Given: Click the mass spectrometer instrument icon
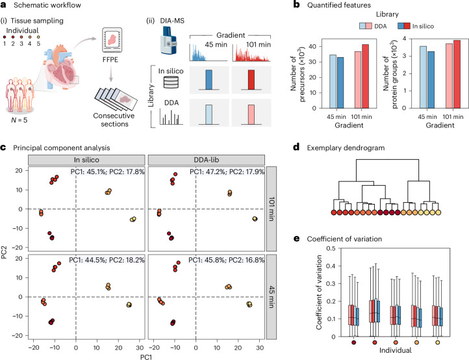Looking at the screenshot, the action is click(x=169, y=40).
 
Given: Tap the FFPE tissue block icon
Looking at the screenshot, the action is click(x=112, y=41).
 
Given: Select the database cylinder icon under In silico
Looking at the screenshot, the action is click(x=171, y=83).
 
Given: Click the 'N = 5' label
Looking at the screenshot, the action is click(x=19, y=120).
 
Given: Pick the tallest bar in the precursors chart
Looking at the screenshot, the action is click(x=365, y=76).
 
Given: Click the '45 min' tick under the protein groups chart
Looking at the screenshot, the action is click(x=427, y=117).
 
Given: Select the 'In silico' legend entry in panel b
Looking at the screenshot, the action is click(x=416, y=26).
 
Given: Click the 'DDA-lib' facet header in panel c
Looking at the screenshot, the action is click(x=207, y=160).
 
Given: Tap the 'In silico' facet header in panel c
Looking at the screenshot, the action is click(x=86, y=160).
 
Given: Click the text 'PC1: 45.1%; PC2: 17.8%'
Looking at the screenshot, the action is click(x=108, y=172).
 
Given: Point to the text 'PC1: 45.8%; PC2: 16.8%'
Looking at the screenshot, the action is click(x=227, y=260).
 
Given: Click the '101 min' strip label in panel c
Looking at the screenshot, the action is click(x=272, y=209).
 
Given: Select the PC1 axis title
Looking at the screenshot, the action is click(x=146, y=357).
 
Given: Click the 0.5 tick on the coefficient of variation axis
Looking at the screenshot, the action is click(x=331, y=248).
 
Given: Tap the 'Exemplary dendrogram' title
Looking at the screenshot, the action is click(x=346, y=148).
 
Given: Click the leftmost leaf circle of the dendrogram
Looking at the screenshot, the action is click(x=334, y=212).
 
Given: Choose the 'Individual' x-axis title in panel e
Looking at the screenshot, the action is click(x=395, y=350).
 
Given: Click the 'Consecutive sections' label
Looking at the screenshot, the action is click(x=114, y=120).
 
